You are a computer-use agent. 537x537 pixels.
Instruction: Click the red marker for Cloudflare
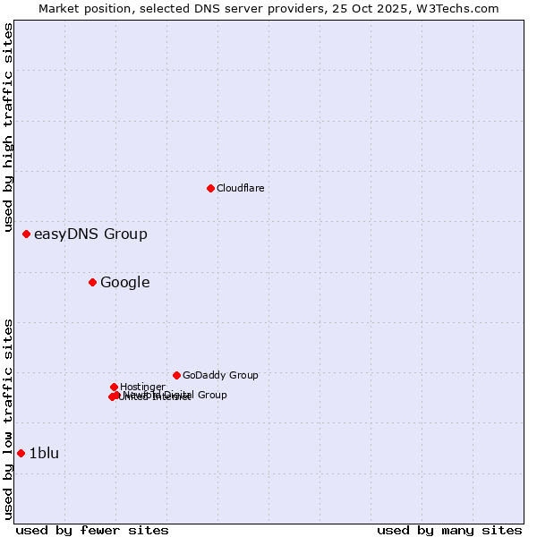point(210,188)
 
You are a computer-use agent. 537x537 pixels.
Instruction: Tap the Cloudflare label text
point(240,188)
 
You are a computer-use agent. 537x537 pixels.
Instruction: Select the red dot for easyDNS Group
point(26,234)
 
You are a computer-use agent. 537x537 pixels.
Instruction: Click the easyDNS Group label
point(90,234)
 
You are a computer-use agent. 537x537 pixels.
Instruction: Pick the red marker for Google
point(92,282)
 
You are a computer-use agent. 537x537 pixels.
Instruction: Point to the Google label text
point(124,283)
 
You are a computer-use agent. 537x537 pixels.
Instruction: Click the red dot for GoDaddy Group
point(176,375)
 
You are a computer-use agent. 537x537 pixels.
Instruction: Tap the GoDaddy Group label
point(220,376)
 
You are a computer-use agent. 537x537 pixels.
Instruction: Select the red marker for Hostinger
point(114,387)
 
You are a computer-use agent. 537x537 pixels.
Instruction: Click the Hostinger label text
point(142,387)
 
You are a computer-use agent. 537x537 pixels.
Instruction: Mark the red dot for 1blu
point(21,453)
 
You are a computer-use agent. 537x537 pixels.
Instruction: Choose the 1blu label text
point(44,454)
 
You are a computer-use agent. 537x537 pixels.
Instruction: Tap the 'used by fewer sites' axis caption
point(92,530)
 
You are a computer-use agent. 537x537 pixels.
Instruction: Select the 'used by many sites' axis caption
point(449,530)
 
